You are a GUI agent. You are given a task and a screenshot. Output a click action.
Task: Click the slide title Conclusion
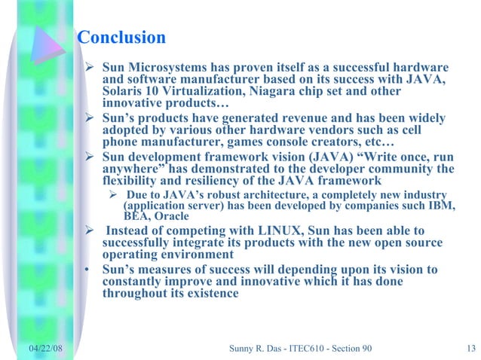click(121, 38)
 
